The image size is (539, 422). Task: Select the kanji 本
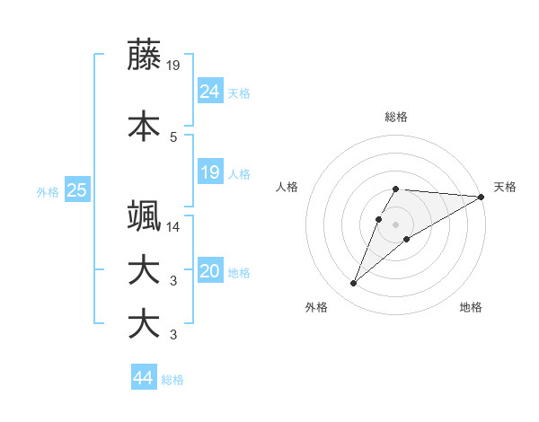click(144, 126)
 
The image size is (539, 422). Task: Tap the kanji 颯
click(144, 216)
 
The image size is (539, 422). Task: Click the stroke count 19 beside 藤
click(172, 65)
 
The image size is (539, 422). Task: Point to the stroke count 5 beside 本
click(172, 136)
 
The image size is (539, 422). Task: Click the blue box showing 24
click(210, 91)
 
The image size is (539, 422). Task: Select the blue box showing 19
click(210, 172)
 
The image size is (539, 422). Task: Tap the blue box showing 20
click(210, 272)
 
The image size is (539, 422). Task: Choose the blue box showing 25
click(76, 190)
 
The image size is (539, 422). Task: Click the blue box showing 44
click(143, 378)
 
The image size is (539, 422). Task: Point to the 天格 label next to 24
click(239, 92)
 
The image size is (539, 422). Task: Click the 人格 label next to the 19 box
click(239, 173)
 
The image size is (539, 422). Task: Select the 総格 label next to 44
click(172, 380)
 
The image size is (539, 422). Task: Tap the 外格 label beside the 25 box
click(48, 191)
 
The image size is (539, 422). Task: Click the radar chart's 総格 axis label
click(395, 117)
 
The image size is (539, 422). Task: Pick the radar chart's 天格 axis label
click(505, 187)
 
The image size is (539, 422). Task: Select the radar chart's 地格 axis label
click(471, 307)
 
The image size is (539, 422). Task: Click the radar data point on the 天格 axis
click(482, 197)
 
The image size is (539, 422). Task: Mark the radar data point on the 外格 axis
click(353, 284)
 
